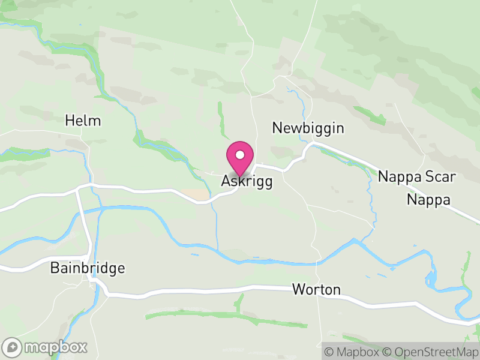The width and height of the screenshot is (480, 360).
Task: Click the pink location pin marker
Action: [x=240, y=157]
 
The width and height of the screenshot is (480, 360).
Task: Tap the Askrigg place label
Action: [x=247, y=181]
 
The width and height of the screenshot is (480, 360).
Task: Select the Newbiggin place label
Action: [x=308, y=128]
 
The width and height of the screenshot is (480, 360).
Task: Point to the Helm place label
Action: [x=83, y=121]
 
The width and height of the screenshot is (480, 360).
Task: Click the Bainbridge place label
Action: [x=88, y=268]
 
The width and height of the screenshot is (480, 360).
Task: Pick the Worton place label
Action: [x=316, y=290]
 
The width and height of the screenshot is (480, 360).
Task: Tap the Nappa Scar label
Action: [x=417, y=177]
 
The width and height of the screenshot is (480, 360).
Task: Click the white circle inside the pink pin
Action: [x=240, y=155]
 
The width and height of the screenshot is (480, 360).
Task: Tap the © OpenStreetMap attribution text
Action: [x=431, y=352]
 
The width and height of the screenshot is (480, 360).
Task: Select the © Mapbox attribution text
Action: [x=353, y=352]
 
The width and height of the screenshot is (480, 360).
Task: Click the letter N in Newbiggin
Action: [x=277, y=128]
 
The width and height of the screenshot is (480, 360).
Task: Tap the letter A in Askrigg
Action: [x=226, y=181]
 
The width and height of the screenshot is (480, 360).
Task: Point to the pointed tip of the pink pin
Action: [x=240, y=176]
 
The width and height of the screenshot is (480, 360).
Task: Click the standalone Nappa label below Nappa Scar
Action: [x=428, y=200]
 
